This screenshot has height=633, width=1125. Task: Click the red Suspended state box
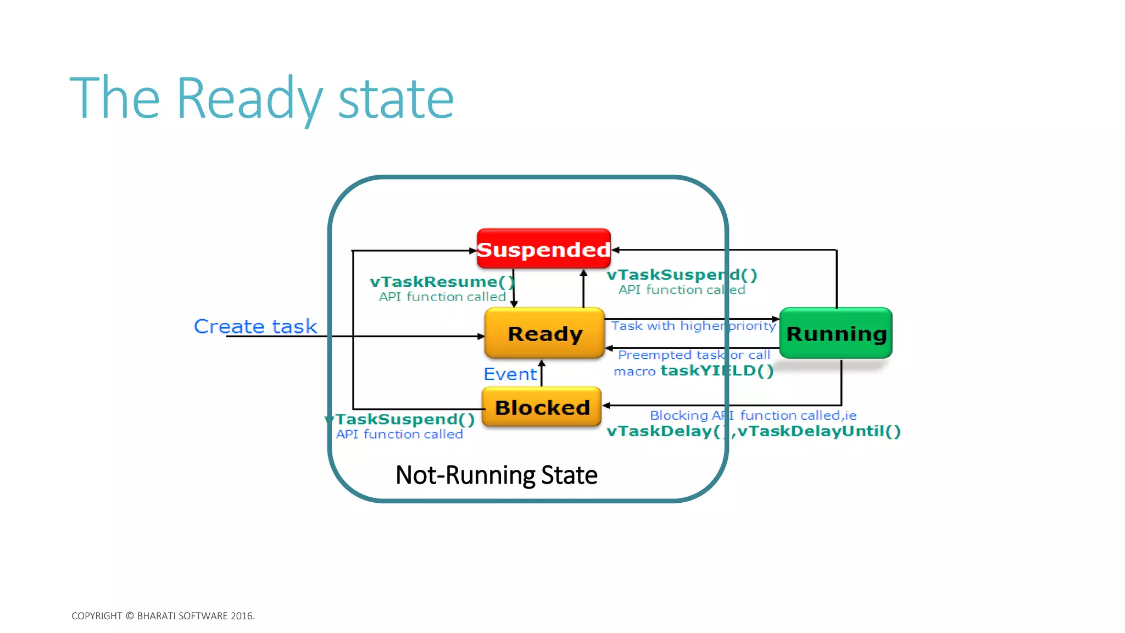pyautogui.click(x=543, y=249)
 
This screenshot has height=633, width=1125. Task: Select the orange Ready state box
pyautogui.click(x=544, y=334)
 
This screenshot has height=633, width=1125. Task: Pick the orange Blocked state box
pyautogui.click(x=542, y=407)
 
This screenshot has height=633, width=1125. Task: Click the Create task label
pyautogui.click(x=255, y=326)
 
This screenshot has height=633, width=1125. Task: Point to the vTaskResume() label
pyautogui.click(x=442, y=282)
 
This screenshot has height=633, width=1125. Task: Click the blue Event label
pyautogui.click(x=510, y=374)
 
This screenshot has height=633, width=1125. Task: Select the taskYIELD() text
pyautogui.click(x=717, y=371)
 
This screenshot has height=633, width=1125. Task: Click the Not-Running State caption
pyautogui.click(x=496, y=475)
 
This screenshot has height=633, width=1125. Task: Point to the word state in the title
pyautogui.click(x=396, y=99)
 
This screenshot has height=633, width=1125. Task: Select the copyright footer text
pyautogui.click(x=163, y=616)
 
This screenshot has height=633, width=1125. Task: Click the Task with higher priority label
pyautogui.click(x=693, y=326)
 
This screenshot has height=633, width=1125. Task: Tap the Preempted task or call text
pyautogui.click(x=694, y=355)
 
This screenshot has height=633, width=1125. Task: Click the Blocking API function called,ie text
pyautogui.click(x=753, y=415)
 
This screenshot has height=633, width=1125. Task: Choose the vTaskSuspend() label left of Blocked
pyautogui.click(x=401, y=420)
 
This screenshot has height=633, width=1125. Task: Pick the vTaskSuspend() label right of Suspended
pyautogui.click(x=681, y=275)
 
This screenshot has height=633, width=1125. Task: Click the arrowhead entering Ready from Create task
pyautogui.click(x=481, y=336)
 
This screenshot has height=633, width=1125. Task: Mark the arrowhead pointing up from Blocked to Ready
pyautogui.click(x=542, y=363)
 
